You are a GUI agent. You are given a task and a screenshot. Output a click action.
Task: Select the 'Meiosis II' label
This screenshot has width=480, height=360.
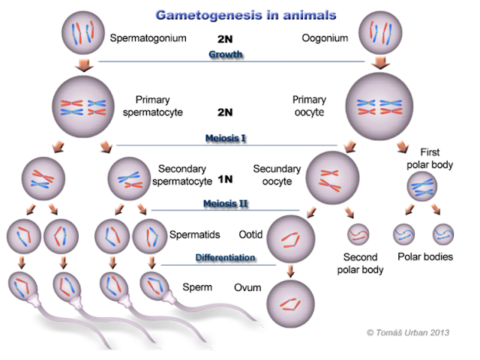226,203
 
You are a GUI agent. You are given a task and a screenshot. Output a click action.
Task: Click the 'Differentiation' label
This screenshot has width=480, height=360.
226,257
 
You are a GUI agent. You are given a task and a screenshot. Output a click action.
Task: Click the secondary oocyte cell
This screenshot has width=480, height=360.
329,177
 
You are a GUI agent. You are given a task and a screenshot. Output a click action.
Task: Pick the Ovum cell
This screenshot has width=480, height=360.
289,304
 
